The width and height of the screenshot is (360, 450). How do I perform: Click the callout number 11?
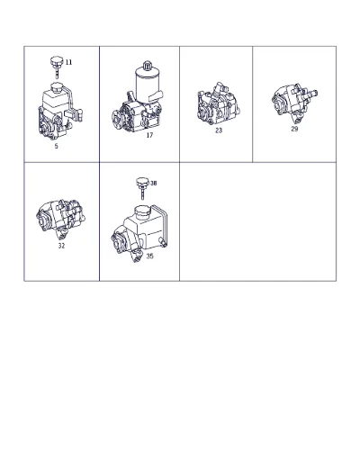68,62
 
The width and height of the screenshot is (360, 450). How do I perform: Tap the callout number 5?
56,147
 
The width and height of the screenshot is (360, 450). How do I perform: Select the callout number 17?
149,135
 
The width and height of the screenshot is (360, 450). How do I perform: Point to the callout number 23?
219,130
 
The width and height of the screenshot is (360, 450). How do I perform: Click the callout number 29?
294,129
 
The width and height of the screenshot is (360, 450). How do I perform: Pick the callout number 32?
61,246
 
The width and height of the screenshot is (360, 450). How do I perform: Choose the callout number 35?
149,256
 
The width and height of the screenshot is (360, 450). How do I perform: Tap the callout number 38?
154,183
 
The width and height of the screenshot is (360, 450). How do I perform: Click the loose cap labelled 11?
56,67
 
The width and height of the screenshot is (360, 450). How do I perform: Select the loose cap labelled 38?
142,188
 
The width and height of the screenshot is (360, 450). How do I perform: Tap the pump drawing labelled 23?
218,103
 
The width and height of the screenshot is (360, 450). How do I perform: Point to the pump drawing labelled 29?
294,103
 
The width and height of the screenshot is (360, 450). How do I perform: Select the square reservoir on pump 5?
56,102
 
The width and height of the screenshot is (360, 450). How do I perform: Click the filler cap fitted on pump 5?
56,88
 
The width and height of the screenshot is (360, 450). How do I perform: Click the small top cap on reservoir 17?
147,65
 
